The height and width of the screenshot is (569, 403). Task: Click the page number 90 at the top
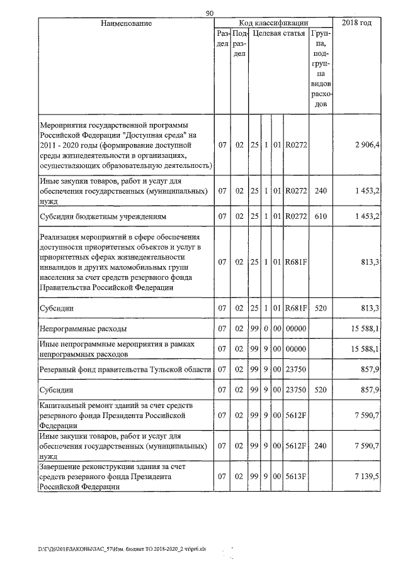coord(210,12)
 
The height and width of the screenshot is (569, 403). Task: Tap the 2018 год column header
coord(356,23)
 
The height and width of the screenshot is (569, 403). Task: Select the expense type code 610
coord(321,217)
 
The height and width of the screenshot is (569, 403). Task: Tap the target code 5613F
coord(295,478)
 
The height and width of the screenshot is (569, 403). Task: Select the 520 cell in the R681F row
coord(321,308)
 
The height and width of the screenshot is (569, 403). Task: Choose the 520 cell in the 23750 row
coord(321,390)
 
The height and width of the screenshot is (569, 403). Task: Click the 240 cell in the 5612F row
coord(321,446)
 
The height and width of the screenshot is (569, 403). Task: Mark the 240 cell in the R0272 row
coord(321,190)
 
